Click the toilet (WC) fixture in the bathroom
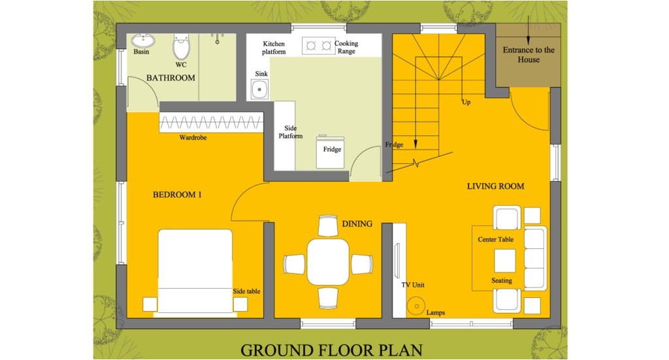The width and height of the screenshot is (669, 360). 181,47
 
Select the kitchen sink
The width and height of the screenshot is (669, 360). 259,89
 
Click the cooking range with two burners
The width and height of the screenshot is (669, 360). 318,46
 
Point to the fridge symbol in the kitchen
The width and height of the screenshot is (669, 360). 331,152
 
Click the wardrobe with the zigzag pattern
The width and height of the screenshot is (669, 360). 211,122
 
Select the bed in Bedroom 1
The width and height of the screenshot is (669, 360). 195,270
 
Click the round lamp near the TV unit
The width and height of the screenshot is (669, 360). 414,304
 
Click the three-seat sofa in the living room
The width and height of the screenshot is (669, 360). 534,259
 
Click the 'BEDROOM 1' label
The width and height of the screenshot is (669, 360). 177,195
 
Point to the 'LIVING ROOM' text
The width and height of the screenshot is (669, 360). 495,186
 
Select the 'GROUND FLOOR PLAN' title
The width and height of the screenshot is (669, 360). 331,350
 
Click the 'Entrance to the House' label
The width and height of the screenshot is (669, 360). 529,55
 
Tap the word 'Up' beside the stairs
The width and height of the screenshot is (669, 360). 466,102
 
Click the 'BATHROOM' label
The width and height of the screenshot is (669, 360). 171,78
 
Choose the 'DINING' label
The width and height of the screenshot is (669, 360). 357,223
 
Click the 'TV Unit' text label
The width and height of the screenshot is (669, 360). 413,285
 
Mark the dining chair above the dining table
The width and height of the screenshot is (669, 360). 328,226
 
